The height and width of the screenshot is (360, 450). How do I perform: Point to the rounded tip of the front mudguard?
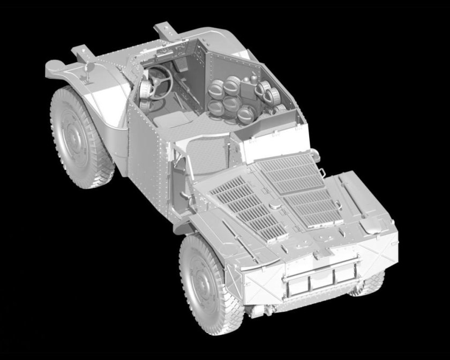point(51,66)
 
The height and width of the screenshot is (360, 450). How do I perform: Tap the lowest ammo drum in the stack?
point(246,113)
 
